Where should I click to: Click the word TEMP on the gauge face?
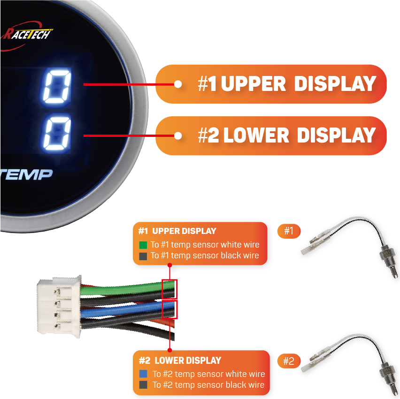[26, 174]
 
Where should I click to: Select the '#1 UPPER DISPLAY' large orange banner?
[271, 84]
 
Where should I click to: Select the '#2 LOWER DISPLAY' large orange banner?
[271, 136]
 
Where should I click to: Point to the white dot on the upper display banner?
[178, 84]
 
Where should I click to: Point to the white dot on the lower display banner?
[178, 136]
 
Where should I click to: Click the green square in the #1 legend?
[143, 245]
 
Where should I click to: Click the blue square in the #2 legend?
[144, 374]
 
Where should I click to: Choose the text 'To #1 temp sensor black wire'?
[205, 256]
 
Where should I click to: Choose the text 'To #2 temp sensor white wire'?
[208, 374]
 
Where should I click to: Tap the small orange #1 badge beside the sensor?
[289, 231]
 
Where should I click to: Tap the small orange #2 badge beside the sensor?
[289, 361]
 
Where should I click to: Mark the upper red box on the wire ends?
[169, 289]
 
